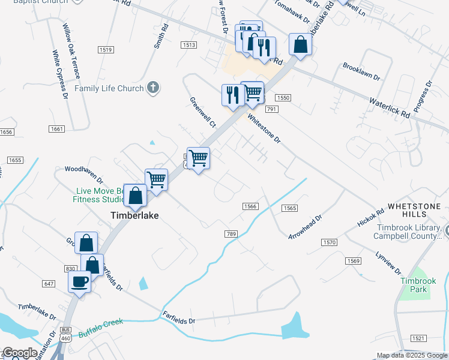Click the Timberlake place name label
click(134, 215)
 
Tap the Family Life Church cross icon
click(153, 88)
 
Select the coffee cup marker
click(80, 282)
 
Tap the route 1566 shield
click(250, 206)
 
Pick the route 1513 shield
click(189, 45)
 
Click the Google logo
click(20, 353)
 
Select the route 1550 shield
click(283, 97)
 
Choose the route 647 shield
click(49, 282)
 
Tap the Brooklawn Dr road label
click(361, 71)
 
